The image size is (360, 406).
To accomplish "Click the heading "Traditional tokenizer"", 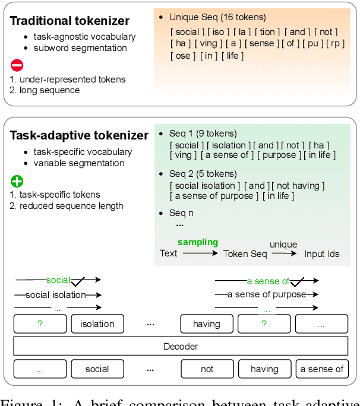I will pyautogui.click(x=70, y=21).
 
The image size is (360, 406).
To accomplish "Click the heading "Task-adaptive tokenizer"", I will pyautogui.click(x=79, y=135).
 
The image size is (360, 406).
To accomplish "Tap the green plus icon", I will pyautogui.click(x=17, y=180).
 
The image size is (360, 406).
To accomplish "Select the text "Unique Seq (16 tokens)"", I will pyautogui.click(x=217, y=17).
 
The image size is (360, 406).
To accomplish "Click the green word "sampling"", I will pyautogui.click(x=198, y=242).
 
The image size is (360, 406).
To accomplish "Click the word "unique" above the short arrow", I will pyautogui.click(x=283, y=244).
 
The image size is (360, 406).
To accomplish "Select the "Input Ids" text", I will pyautogui.click(x=321, y=254).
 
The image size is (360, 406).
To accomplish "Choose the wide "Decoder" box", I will pyautogui.click(x=181, y=346).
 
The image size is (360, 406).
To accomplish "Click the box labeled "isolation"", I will pyautogui.click(x=97, y=324).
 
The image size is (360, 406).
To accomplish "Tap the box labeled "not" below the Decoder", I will pyautogui.click(x=207, y=369).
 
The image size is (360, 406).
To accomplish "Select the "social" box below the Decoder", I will pyautogui.click(x=97, y=369).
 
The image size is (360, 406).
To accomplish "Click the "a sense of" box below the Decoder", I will pyautogui.click(x=322, y=369).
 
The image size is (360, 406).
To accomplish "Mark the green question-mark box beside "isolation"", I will pyautogui.click(x=40, y=324).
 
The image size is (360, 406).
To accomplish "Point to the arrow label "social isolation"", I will pyautogui.click(x=55, y=295).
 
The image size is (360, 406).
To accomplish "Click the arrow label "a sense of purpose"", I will pyautogui.click(x=267, y=294).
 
